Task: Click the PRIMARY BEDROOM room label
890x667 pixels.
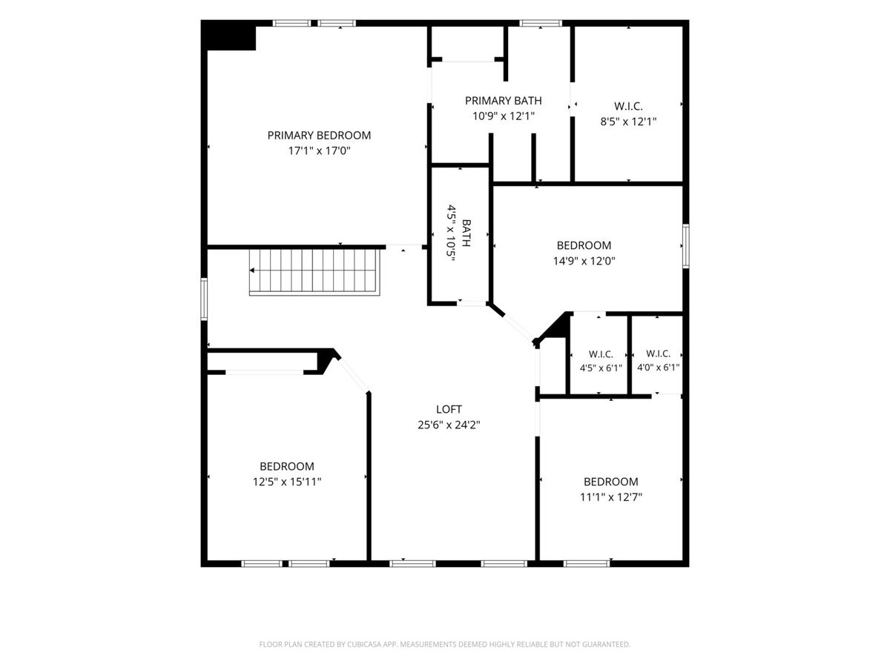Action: [319, 136]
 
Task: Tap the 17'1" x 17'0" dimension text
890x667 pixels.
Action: [319, 151]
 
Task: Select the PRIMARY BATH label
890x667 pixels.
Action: [503, 101]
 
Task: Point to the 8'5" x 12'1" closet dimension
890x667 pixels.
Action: [628, 122]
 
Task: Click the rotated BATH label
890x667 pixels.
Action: [467, 233]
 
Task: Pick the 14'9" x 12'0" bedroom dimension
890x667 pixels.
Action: [584, 261]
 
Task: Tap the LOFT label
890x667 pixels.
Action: [449, 409]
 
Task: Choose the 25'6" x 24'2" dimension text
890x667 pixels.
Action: [449, 425]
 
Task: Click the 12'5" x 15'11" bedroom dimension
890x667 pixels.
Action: [287, 482]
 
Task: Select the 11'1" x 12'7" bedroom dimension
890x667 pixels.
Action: [611, 497]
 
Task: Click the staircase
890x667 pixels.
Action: [314, 272]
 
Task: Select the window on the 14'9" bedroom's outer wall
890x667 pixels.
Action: [685, 246]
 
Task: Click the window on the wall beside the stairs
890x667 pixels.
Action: [204, 299]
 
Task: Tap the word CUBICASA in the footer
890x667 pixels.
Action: [363, 644]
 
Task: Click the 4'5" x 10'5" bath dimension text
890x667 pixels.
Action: [451, 233]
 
